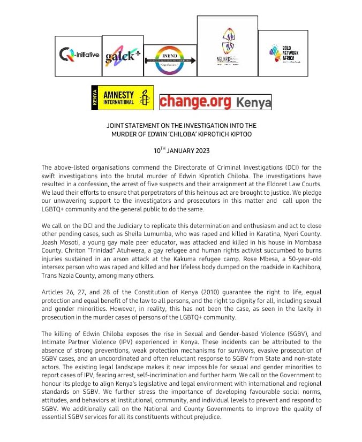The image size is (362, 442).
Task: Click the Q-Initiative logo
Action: (x=78, y=56)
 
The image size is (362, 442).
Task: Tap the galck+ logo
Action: (x=122, y=56)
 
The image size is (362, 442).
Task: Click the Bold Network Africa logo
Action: (x=283, y=54)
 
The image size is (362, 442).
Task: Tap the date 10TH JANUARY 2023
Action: (x=180, y=151)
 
